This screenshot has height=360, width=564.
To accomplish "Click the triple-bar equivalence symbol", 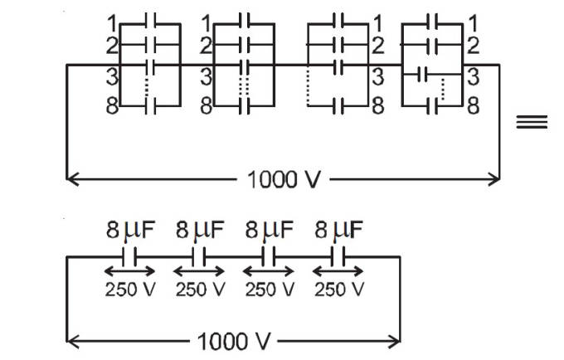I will [532, 122].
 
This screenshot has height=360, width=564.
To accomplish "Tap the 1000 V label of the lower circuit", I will [235, 341].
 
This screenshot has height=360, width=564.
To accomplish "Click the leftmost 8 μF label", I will [125, 230].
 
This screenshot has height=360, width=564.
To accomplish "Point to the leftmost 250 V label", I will [129, 289].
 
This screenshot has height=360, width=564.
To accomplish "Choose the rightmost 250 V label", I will [339, 289].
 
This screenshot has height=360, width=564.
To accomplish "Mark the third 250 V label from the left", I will [270, 289].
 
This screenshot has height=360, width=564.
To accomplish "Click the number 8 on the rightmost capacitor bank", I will [472, 106].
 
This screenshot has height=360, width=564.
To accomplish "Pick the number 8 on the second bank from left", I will [207, 106].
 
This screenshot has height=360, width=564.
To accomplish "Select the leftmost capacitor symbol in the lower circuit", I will [129, 258].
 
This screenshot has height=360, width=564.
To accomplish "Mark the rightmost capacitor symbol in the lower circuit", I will [339, 258].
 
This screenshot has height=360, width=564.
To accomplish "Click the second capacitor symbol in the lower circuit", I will [199, 258].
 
